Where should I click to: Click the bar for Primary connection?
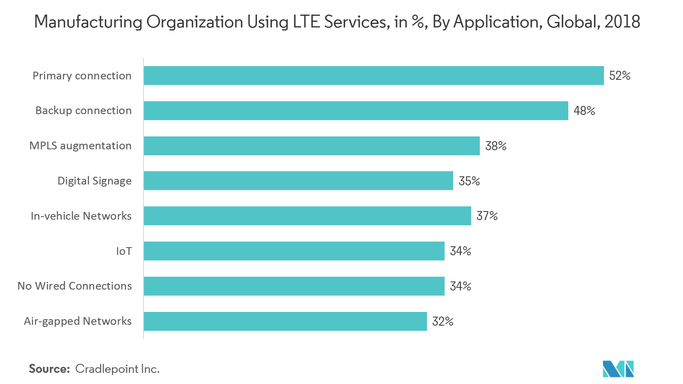[374, 76]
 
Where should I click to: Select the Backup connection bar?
[356, 111]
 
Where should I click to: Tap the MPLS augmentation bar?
[311, 146]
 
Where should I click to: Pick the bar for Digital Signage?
[298, 181]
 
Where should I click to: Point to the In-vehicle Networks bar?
[307, 216]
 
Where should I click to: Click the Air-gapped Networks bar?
[285, 321]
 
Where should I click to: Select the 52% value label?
[619, 76]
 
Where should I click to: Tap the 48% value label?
[584, 111]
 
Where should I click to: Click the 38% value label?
[496, 146]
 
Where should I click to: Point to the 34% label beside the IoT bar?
[460, 251]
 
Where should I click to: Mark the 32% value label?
[442, 321]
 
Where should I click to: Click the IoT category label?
[124, 251]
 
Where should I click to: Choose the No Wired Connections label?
[75, 286]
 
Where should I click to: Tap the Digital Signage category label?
[95, 181]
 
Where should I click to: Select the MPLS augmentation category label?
[80, 146]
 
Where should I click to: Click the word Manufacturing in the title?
[88, 22]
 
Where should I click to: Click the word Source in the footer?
[49, 369]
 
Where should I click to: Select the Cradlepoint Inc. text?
[117, 369]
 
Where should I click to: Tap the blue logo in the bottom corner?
[618, 369]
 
